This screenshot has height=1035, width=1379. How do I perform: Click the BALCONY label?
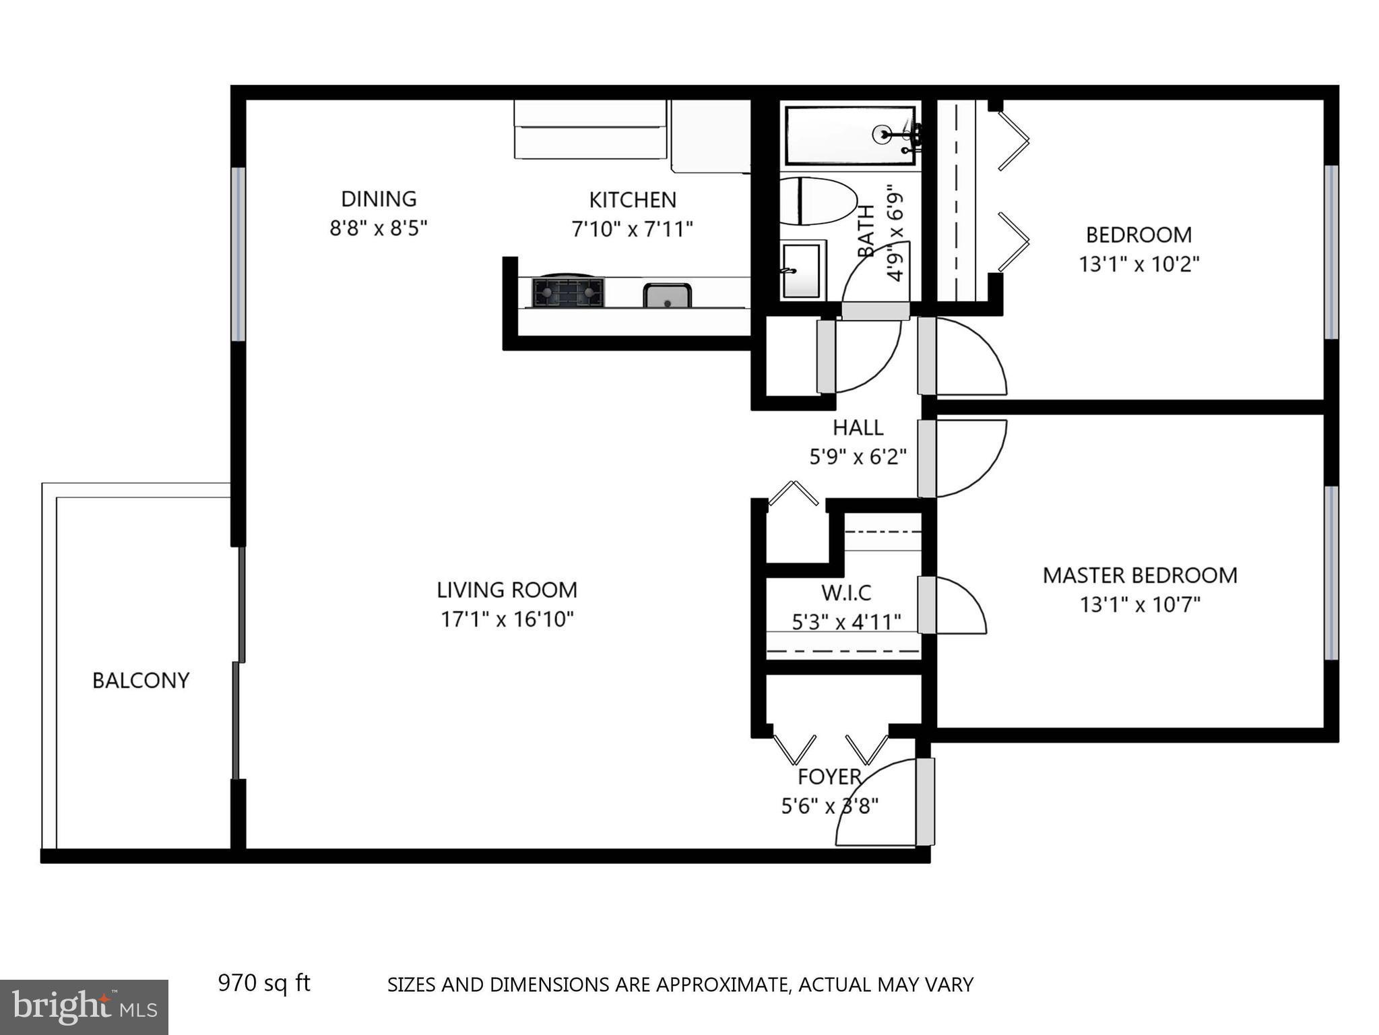point(141,681)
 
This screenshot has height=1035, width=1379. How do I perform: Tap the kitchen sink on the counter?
point(667,296)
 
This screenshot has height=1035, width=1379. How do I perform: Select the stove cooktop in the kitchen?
point(568,292)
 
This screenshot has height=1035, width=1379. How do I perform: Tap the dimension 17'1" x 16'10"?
point(507,619)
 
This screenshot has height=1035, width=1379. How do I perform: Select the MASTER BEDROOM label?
point(1140,575)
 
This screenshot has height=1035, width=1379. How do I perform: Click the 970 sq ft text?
point(263,983)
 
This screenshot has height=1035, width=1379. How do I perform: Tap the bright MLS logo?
point(84,1007)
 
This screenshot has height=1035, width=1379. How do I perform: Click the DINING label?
point(379,199)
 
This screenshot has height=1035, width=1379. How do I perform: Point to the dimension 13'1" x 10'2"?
point(1139,264)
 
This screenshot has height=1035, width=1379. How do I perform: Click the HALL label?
point(858,427)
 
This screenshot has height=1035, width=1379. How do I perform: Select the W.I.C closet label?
point(846,593)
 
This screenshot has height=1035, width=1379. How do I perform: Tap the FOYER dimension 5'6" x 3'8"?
point(829,806)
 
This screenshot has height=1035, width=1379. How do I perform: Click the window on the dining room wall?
point(238,255)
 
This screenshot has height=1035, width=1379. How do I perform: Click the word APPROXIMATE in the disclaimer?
point(722,985)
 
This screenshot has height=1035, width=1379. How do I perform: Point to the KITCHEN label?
point(633,199)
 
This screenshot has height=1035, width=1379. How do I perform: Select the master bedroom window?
point(1330,573)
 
